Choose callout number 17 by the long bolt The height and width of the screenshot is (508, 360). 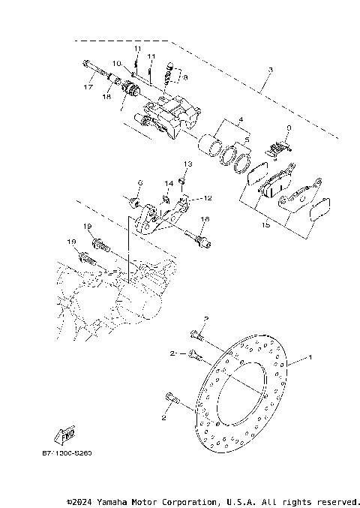click(x=88, y=87)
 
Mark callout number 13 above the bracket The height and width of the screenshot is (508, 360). click(x=188, y=163)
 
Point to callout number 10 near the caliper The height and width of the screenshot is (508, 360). click(x=117, y=63)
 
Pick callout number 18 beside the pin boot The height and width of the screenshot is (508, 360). click(x=106, y=96)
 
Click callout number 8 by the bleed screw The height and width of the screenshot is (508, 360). click(x=185, y=77)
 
